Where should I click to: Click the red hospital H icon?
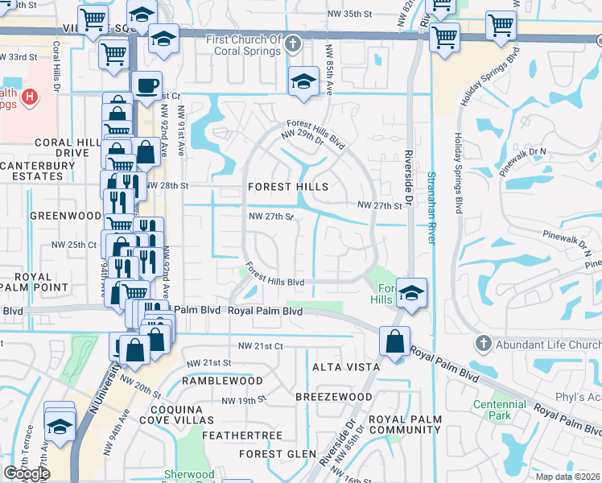pyautogui.click(x=30, y=98)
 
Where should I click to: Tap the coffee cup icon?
pyautogui.click(x=146, y=85)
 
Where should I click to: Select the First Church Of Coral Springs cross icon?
pyautogui.click(x=294, y=44)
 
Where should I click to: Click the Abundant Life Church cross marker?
pyautogui.click(x=482, y=344)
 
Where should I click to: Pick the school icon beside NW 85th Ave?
pyautogui.click(x=303, y=81)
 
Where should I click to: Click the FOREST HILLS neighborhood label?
pyautogui.click(x=287, y=187)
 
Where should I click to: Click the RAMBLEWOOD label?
pyautogui.click(x=222, y=380)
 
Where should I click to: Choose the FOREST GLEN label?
pyautogui.click(x=272, y=454)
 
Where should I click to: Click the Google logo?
pyautogui.click(x=27, y=473)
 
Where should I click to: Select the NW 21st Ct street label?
pyautogui.click(x=261, y=345)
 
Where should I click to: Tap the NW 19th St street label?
pyautogui.click(x=245, y=400)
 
